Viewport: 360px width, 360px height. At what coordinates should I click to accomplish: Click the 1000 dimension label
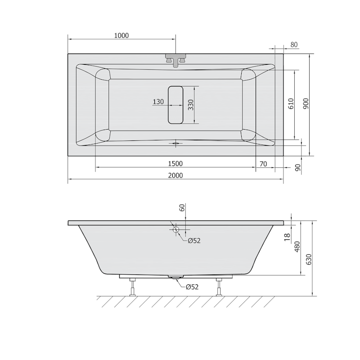121,36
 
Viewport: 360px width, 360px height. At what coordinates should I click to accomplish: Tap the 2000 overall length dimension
175,175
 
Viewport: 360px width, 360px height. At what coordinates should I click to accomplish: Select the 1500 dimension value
175,164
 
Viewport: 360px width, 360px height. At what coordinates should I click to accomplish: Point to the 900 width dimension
306,103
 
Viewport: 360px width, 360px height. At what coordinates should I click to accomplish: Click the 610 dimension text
291,103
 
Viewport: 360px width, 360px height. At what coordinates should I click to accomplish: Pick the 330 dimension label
191,105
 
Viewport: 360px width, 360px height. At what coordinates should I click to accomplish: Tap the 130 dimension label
158,102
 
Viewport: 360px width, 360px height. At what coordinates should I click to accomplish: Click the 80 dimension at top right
294,45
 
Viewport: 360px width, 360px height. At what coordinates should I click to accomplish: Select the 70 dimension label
263,164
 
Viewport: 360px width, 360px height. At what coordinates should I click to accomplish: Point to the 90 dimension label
297,167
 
